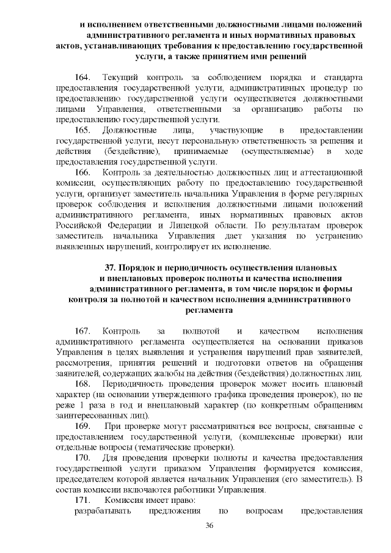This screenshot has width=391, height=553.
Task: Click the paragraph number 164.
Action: pos(82,78)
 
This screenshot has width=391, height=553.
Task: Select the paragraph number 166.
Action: pos(82,173)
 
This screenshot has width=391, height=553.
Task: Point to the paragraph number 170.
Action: pos(82,458)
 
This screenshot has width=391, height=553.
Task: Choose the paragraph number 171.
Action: pos(82,500)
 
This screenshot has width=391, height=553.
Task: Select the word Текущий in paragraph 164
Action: pos(119,78)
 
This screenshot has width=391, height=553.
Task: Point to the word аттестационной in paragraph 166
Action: pos(333,173)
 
